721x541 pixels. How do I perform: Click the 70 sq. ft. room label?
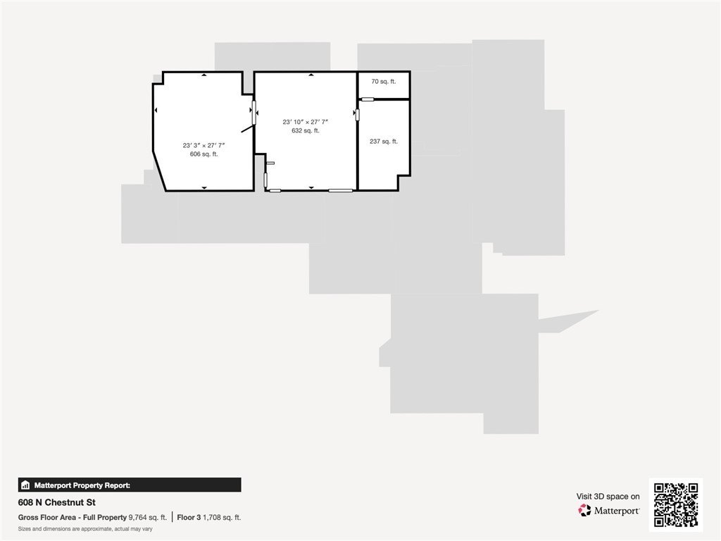coord(384,82)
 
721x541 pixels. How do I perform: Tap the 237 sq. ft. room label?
coord(384,141)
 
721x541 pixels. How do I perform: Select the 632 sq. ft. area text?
coord(306,130)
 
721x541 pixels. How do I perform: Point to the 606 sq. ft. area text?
coord(203,154)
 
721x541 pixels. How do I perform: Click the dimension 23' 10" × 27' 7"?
coord(306,122)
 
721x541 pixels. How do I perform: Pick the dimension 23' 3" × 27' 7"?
coord(203,145)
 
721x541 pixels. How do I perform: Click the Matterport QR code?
coord(676,504)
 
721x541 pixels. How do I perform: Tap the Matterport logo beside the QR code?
coord(609,510)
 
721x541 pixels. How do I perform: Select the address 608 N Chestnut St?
coord(57,502)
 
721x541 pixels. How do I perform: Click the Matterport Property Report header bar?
coord(130,485)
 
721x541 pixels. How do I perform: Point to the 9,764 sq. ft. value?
coord(148,518)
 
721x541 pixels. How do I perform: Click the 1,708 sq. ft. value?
coord(222,518)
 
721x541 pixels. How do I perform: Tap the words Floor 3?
coord(189,518)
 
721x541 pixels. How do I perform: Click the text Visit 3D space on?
coord(608,497)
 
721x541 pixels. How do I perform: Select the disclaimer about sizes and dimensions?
coord(85,529)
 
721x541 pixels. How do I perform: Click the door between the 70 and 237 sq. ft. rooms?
coord(368,99)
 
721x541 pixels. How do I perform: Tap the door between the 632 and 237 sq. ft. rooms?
coord(357,115)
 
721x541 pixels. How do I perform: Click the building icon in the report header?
coord(26,485)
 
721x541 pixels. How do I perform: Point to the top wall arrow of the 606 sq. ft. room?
coord(204,75)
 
